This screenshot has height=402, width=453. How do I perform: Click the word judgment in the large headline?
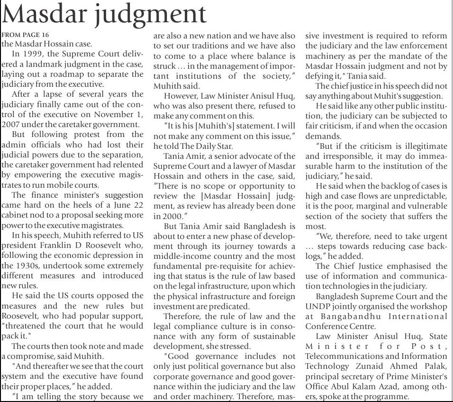151,15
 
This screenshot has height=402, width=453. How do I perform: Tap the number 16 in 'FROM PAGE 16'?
45,35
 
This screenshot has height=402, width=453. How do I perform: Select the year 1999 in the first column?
38,54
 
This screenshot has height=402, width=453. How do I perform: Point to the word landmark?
37,64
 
